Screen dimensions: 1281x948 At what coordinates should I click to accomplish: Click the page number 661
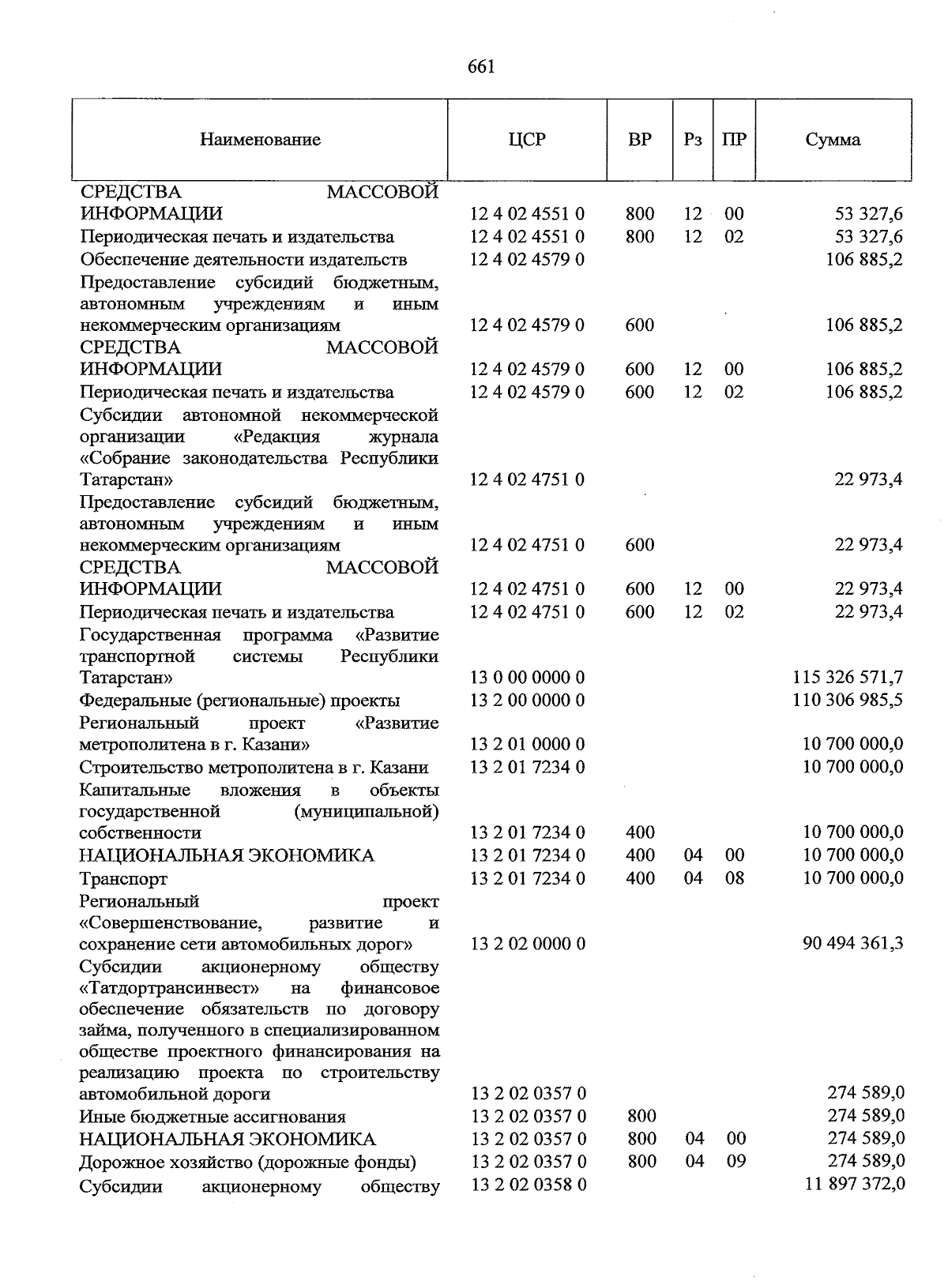coord(481,67)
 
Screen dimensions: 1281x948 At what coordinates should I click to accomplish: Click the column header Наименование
coord(260,141)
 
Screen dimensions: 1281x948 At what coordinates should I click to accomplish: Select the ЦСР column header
coord(527,141)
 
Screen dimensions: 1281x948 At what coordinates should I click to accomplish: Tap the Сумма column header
coord(833,141)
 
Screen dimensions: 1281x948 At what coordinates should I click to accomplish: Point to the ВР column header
coord(640,141)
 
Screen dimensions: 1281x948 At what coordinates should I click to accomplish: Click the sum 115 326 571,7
coord(848,678)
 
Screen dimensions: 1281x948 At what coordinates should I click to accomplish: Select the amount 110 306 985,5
coord(848,700)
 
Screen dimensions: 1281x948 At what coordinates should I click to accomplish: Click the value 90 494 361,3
coord(853,944)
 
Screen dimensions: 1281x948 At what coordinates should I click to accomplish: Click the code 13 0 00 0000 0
coord(527,678)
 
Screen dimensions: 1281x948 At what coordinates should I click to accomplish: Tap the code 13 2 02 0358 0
coord(529,1184)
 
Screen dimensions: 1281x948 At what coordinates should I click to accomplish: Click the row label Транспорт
coord(123,878)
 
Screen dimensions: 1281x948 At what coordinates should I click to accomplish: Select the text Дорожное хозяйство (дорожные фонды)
coord(247,1163)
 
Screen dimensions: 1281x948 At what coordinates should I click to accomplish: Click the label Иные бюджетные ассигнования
coord(212,1117)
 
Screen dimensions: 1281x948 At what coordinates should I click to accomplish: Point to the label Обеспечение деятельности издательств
coord(243,260)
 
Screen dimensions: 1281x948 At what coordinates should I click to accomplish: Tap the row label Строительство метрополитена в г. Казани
coord(254,768)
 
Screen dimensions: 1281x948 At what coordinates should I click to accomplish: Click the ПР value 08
coord(735,878)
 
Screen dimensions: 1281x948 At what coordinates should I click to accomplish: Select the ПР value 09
coord(735,1162)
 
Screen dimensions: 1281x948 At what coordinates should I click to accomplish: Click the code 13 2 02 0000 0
coord(528,944)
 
